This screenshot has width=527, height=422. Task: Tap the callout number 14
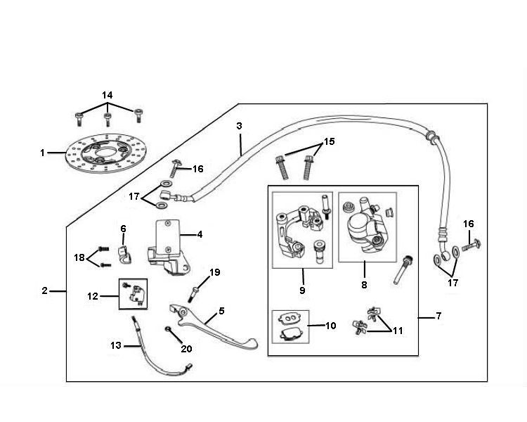pyautogui.click(x=107, y=95)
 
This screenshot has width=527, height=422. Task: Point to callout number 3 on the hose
pyautogui.click(x=239, y=126)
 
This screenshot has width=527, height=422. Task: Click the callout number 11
pyautogui.click(x=398, y=329)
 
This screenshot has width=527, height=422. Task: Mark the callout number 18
pyautogui.click(x=78, y=257)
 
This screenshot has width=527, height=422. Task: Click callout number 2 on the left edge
pyautogui.click(x=44, y=290)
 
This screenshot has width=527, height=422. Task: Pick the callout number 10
pyautogui.click(x=331, y=326)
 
